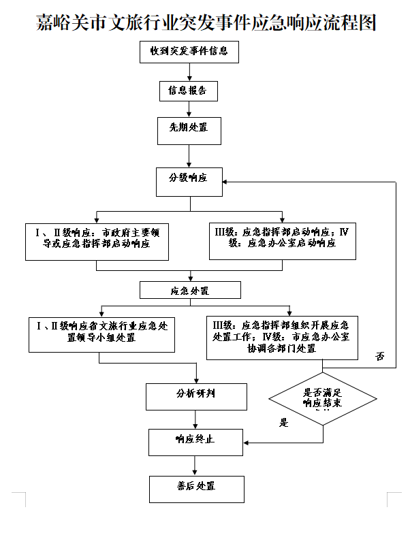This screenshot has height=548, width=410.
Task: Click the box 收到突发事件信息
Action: pyautogui.click(x=189, y=52)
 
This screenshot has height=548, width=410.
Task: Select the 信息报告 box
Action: pyautogui.click(x=189, y=91)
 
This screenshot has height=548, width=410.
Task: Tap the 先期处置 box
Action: pyautogui.click(x=189, y=130)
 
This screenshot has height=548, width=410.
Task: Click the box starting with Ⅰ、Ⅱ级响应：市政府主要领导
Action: pyautogui.click(x=97, y=240)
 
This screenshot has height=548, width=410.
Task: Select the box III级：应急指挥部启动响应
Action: pyautogui.click(x=282, y=240)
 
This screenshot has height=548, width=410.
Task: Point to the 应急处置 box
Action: pyautogui.click(x=190, y=291)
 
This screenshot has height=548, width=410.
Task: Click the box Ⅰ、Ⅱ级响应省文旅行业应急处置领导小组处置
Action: pyautogui.click(x=102, y=334)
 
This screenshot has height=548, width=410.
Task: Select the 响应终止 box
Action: pyautogui.click(x=196, y=442)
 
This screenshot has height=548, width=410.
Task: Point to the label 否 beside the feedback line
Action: pyautogui.click(x=381, y=357)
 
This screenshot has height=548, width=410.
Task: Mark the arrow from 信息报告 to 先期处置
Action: pyautogui.click(x=189, y=109)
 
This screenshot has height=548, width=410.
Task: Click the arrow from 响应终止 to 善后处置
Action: pyautogui.click(x=196, y=466)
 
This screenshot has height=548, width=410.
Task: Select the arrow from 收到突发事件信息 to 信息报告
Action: pyautogui.click(x=189, y=72)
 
